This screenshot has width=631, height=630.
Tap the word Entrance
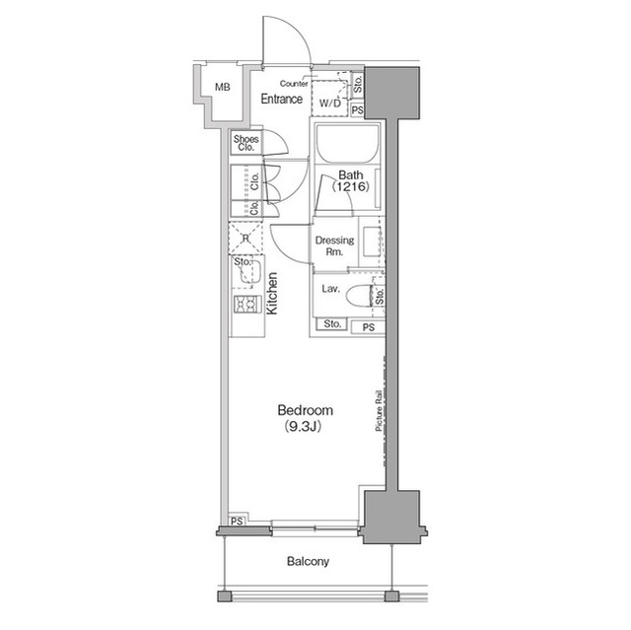281,100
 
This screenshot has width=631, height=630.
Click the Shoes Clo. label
245,143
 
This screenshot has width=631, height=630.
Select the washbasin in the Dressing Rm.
371,243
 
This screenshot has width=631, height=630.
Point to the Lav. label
329,290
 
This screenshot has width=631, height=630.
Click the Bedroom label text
305,410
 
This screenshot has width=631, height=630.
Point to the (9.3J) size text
305,427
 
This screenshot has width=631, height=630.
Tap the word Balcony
308,561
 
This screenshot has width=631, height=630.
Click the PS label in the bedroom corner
237,521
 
